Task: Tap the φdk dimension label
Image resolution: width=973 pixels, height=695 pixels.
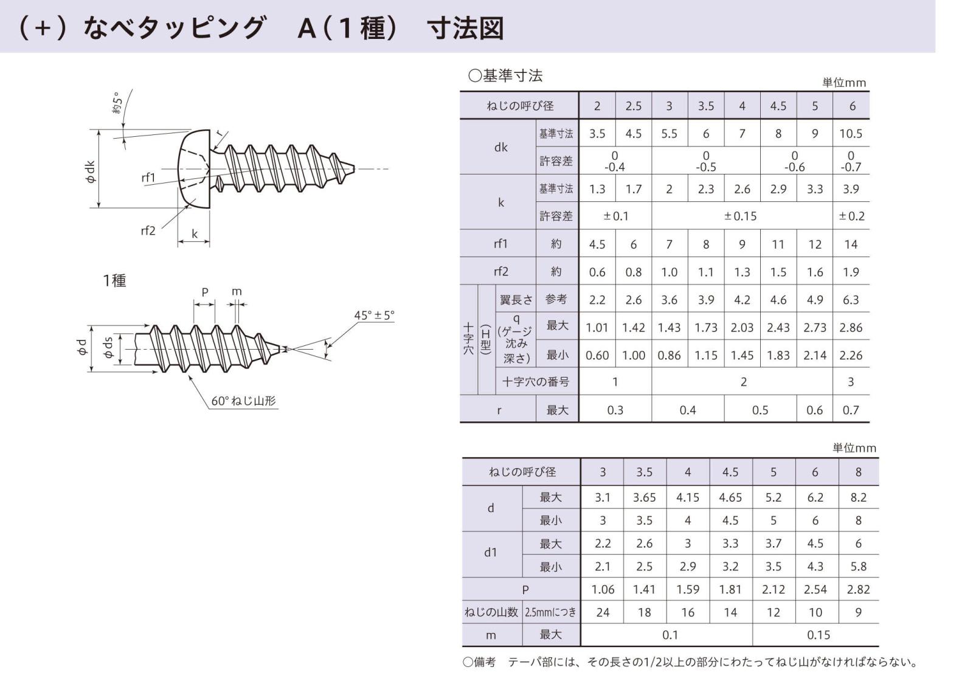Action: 90,171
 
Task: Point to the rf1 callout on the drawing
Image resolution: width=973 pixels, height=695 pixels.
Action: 148,178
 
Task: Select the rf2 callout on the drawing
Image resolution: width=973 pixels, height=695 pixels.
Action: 148,230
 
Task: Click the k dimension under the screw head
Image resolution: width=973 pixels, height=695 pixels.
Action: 195,234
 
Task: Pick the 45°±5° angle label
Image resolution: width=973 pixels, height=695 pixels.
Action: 374,315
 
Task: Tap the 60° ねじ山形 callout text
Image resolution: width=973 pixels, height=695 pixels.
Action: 243,401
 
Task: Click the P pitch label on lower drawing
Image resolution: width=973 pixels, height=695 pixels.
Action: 205,292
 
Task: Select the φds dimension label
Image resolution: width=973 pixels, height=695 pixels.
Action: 108,348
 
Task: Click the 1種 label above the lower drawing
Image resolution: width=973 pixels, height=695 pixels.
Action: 114,280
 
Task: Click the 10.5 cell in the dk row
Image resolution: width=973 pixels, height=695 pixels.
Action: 851,134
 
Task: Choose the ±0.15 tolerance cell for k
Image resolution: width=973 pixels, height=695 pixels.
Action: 741,216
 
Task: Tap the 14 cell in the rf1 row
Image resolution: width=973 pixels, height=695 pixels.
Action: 851,244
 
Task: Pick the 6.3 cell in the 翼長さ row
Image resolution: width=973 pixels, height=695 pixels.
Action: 851,300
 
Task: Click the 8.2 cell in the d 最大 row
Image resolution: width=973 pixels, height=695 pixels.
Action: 858,497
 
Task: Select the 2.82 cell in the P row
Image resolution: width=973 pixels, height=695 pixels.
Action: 858,589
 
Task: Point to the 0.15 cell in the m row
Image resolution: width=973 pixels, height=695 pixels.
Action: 819,635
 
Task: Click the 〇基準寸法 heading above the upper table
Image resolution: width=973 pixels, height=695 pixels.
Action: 505,75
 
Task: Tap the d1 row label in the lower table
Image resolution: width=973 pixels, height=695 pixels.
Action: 491,553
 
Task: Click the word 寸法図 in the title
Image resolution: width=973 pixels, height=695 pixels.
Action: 465,29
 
